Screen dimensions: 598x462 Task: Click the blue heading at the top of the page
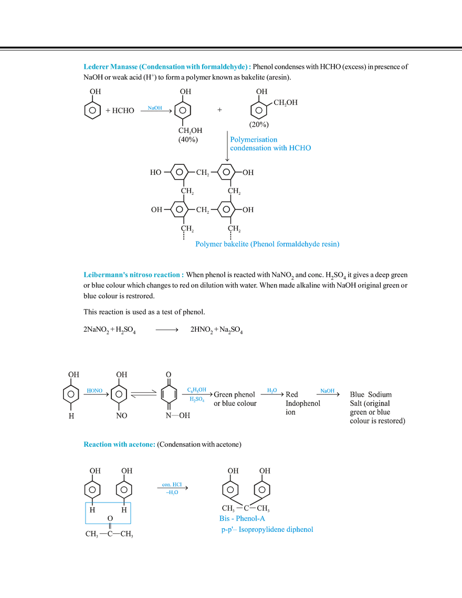point(166,67)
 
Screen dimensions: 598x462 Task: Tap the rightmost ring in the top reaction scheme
point(260,111)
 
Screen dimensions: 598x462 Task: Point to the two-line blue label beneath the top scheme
point(270,144)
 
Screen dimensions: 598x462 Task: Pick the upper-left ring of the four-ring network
point(177,172)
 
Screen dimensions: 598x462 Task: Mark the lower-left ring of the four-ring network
point(177,209)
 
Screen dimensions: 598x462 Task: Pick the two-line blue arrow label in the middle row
point(197,394)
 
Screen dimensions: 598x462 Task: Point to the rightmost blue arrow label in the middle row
point(327,390)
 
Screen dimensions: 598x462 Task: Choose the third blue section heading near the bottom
point(119,445)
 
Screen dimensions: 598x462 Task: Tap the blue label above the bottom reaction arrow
point(172,484)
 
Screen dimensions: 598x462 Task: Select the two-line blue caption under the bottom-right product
point(267,524)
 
